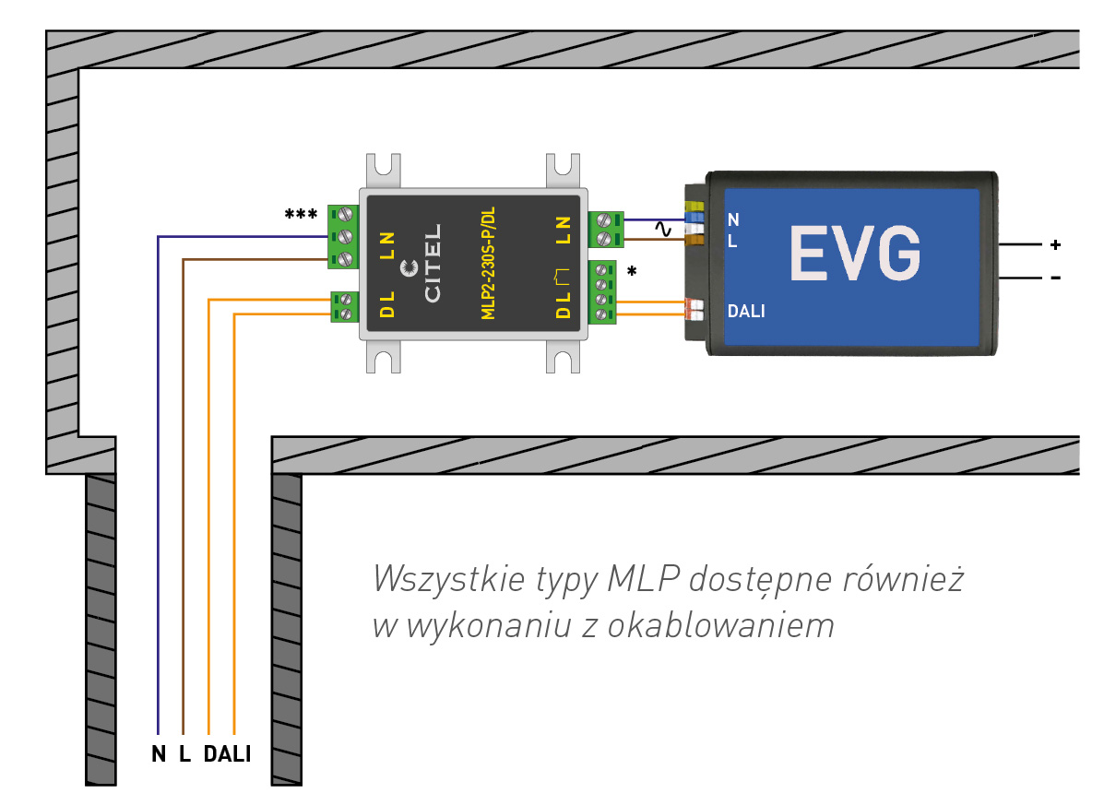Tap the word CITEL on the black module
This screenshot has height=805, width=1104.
pyautogui.click(x=433, y=262)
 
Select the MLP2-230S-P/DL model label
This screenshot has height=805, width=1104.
pyautogui.click(x=489, y=264)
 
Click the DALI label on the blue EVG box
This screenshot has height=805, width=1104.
pyautogui.click(x=746, y=312)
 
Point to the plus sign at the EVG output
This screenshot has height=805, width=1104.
pyautogui.click(x=1055, y=245)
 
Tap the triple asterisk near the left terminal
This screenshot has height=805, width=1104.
pyautogui.click(x=301, y=215)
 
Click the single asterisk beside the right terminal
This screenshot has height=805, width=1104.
pyautogui.click(x=632, y=273)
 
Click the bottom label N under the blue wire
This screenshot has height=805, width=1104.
pyautogui.click(x=159, y=754)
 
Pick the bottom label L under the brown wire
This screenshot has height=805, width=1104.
pyautogui.click(x=184, y=754)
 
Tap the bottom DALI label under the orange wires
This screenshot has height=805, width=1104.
pyautogui.click(x=227, y=754)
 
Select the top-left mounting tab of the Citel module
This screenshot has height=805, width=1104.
pyautogui.click(x=386, y=172)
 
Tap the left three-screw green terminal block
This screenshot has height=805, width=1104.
pyautogui.click(x=342, y=236)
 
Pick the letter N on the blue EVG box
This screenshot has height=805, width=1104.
pyautogui.click(x=733, y=220)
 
